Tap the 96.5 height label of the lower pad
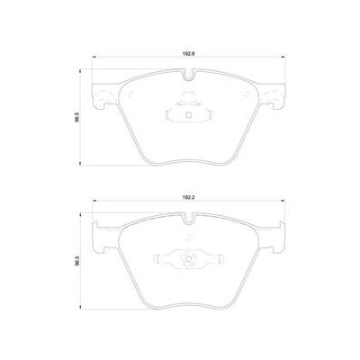pyautogui.click(x=78, y=260)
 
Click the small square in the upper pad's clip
pyautogui.click(x=188, y=114)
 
